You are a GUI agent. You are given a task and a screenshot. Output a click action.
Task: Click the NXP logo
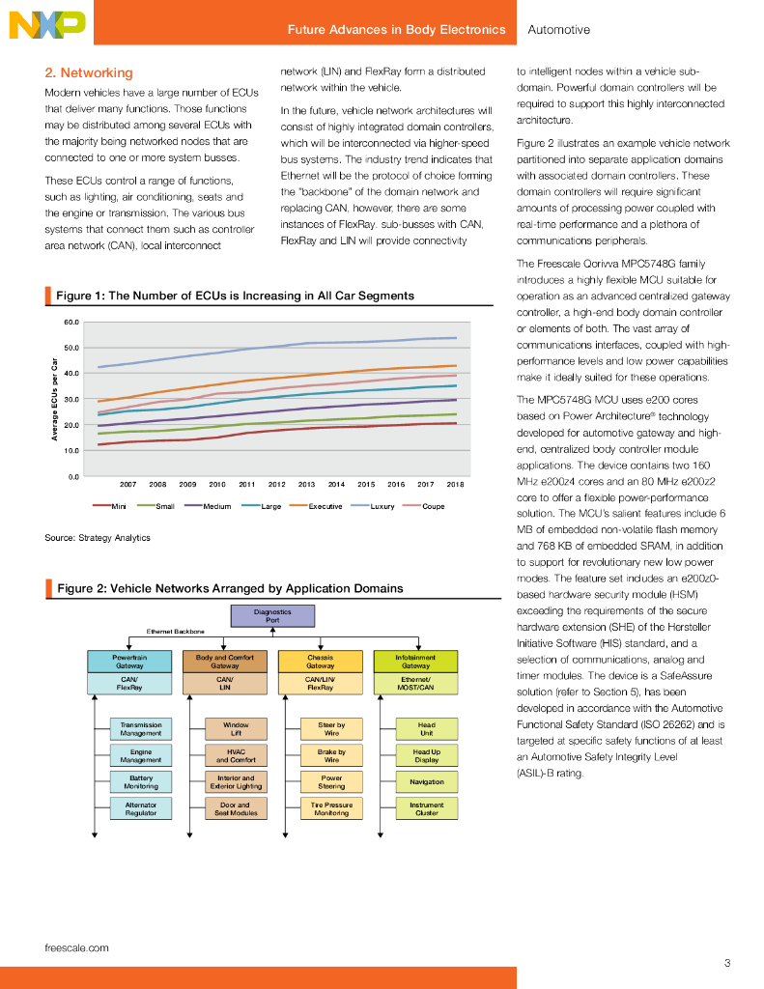click(x=46, y=26)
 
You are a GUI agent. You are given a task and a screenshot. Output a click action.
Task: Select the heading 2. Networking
click(x=89, y=72)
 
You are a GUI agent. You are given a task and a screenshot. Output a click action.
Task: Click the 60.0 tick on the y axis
click(x=71, y=323)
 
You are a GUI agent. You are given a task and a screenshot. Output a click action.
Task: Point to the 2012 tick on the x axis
click(x=276, y=484)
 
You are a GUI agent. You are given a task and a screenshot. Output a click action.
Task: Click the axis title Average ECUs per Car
click(x=55, y=399)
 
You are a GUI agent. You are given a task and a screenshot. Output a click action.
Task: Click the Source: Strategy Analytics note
click(x=98, y=537)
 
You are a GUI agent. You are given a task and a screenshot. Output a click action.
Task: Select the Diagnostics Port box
click(x=272, y=616)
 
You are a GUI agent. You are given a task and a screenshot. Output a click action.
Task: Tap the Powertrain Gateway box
click(x=130, y=661)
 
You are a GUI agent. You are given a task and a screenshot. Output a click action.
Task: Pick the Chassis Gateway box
click(x=320, y=661)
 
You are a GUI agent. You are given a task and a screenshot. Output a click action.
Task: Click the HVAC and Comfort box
click(x=236, y=755)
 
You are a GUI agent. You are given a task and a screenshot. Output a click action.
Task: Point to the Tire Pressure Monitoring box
click(x=331, y=808)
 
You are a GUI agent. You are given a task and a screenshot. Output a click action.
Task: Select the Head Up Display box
click(x=426, y=755)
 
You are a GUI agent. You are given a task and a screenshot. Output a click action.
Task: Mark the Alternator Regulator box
click(x=141, y=808)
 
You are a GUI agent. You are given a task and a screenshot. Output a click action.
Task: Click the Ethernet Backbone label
click(x=176, y=632)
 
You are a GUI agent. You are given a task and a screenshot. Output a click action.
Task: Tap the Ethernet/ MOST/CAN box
click(x=414, y=683)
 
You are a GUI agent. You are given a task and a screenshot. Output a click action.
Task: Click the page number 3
click(x=726, y=963)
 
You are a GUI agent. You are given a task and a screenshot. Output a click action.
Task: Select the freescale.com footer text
click(x=77, y=947)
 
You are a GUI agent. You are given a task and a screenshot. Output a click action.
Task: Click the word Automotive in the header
click(x=559, y=30)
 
